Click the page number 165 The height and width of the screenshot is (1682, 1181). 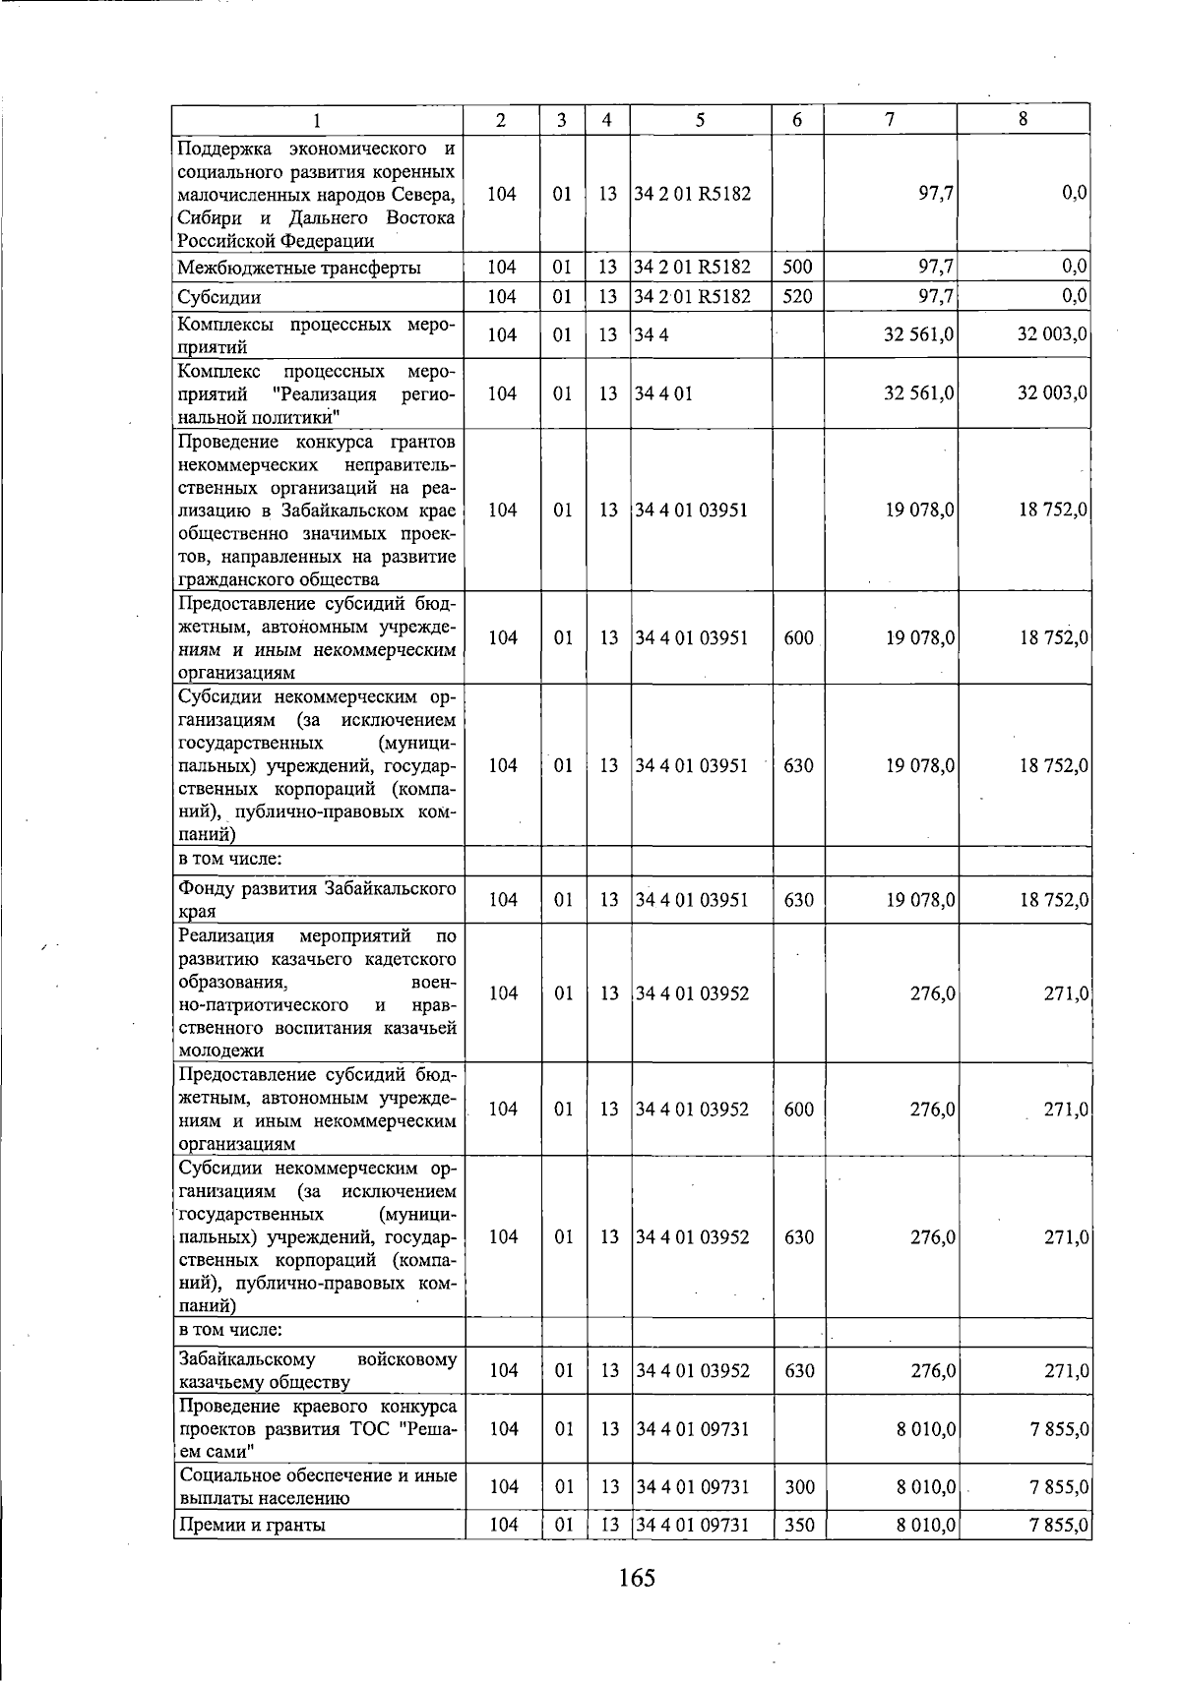tap(637, 1578)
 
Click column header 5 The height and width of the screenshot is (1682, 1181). tap(700, 120)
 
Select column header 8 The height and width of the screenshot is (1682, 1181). tap(1024, 119)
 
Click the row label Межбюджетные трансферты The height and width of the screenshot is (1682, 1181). tap(299, 268)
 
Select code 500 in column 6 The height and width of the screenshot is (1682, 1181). tap(797, 267)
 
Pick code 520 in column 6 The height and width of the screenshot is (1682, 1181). tap(797, 295)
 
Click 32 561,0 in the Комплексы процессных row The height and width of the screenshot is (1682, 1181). tap(919, 335)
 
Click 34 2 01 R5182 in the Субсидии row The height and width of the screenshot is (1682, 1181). tap(693, 296)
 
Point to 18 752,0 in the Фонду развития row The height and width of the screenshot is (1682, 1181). tap(1052, 900)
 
